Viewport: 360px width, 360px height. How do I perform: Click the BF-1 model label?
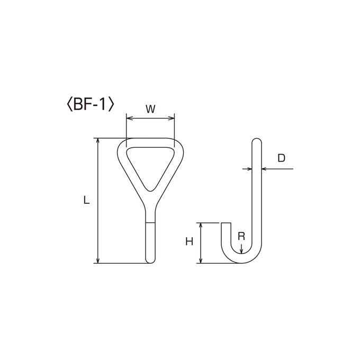tap(90, 105)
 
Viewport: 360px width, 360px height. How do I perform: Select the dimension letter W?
tap(150, 109)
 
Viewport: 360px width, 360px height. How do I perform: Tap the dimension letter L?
tap(86, 200)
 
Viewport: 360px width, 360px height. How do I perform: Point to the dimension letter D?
tap(281, 158)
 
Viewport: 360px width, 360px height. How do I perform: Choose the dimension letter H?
tap(189, 241)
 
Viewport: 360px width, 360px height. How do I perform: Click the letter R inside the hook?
tap(241, 236)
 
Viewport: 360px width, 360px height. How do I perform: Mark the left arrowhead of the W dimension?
tap(130, 118)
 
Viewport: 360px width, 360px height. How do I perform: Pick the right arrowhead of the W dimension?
tap(172, 118)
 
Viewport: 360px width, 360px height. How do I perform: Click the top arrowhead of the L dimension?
tap(98, 141)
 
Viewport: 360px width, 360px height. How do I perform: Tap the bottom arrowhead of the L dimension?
tap(98, 259)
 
